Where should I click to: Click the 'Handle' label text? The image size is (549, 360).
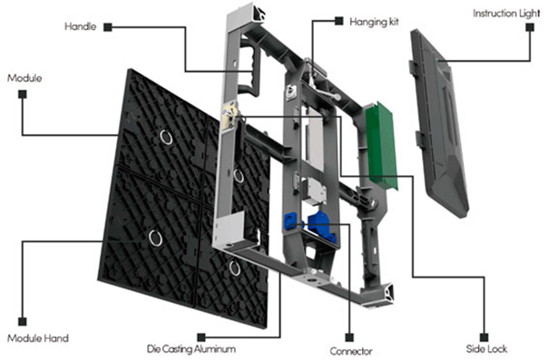pos(80,26)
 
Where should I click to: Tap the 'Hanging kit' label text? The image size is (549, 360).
pos(374,22)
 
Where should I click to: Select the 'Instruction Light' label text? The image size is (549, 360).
pos(506,14)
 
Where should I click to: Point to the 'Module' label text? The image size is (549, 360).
pos(25,78)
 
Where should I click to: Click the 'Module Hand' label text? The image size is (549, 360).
pos(38,338)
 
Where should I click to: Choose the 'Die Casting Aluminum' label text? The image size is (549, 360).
pos(191,349)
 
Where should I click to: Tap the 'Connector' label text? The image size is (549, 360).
pos(351,351)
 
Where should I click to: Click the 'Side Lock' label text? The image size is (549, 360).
pos(486,349)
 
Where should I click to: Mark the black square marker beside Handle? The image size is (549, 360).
pos(108,27)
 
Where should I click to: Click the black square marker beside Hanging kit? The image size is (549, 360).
pos(338,21)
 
